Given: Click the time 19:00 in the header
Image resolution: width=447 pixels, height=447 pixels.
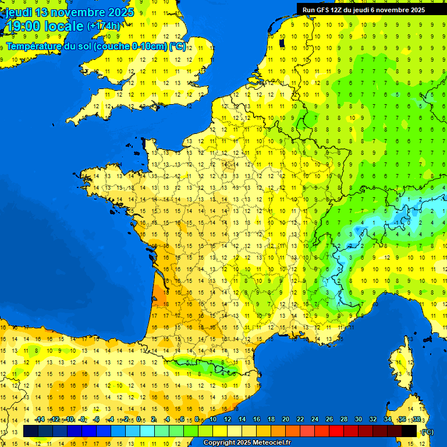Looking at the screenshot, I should coord(24,26).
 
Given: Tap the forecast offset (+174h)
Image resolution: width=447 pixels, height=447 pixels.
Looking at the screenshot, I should coord(104,26).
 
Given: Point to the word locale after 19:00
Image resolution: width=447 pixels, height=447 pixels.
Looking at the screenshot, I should coord(64,26).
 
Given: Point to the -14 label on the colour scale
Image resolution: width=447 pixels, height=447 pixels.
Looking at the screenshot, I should coord(40,420).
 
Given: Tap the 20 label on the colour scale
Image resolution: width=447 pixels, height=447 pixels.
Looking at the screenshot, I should coord(285,420).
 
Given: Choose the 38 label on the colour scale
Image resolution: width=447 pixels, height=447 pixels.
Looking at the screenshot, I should coord(417,420).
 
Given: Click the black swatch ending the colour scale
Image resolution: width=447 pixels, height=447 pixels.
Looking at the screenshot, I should coord(409,431).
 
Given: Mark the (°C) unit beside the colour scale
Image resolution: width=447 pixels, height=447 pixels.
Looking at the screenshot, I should coord(427,431).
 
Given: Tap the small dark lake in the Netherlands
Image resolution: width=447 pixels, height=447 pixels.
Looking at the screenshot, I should coord(282,42).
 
